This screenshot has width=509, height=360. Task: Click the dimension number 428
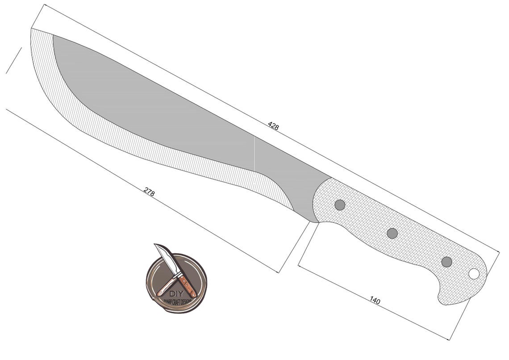273,126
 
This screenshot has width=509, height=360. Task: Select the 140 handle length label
375,301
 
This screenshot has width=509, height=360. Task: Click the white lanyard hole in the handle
474,273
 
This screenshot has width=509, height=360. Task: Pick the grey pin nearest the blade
340,205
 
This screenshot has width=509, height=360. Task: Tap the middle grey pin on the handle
392,233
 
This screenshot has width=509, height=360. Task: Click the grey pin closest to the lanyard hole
446,262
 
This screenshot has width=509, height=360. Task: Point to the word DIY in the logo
175,293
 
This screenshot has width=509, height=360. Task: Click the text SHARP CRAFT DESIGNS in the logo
176,301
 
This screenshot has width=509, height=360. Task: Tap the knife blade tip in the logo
156,245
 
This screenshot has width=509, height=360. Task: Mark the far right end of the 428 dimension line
499,252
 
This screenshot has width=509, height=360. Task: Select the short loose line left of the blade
13,60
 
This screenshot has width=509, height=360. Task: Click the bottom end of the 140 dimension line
449,339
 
